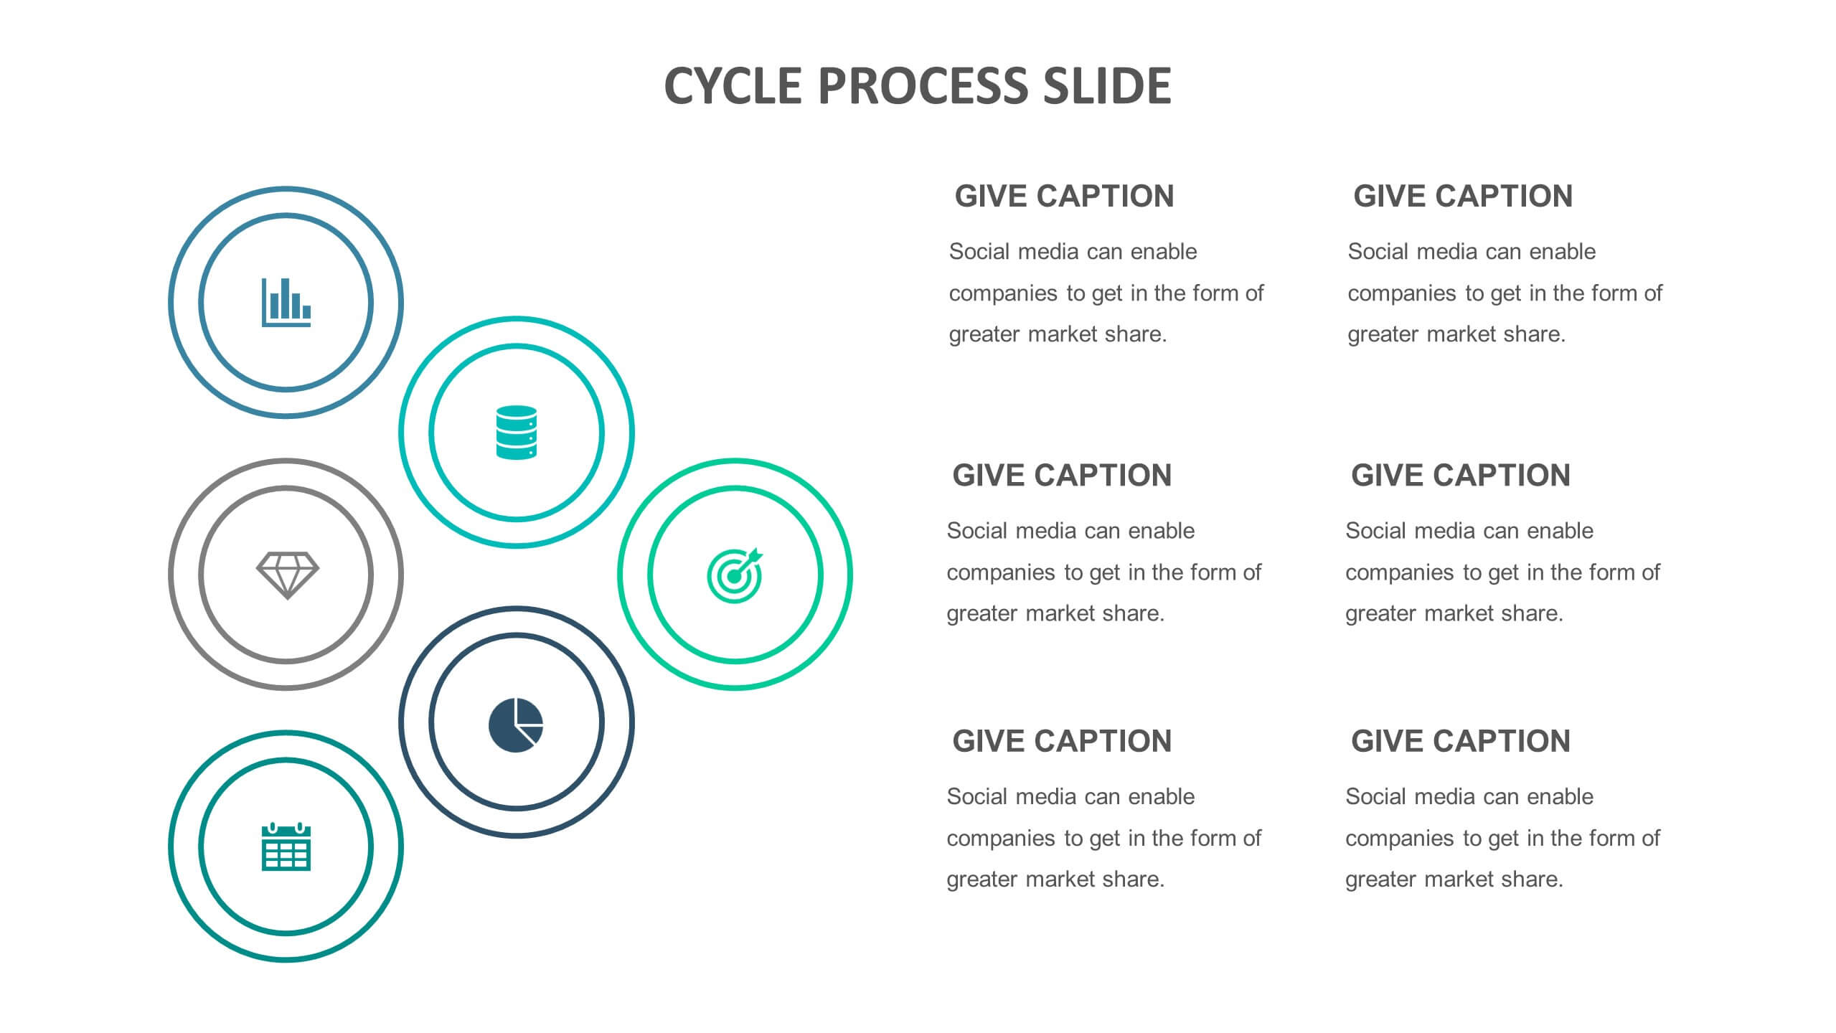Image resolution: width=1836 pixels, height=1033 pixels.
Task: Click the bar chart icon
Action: tap(286, 302)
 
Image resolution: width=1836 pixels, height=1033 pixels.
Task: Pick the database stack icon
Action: tap(517, 433)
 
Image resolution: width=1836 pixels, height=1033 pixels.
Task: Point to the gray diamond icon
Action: tap(288, 575)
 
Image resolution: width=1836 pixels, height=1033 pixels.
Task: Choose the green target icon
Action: tap(735, 575)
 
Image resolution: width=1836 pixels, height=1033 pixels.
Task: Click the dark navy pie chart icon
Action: tap(516, 725)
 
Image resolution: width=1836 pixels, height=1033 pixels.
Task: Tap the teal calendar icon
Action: tap(286, 846)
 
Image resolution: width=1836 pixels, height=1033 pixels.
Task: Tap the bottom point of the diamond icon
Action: tap(288, 598)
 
